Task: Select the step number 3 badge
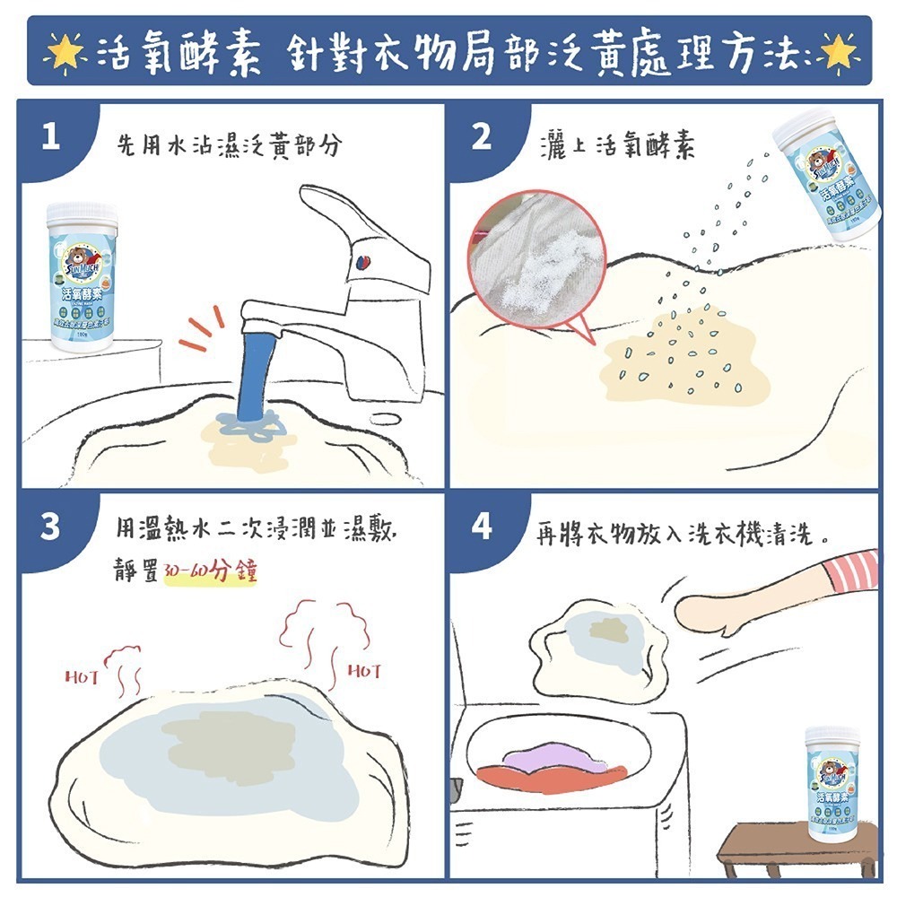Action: coord(50,527)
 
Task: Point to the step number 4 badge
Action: coord(482,527)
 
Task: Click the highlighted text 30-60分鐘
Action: coord(211,572)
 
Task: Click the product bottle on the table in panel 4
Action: coord(832,783)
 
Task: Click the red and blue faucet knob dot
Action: coord(362,262)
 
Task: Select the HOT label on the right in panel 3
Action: coord(364,670)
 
